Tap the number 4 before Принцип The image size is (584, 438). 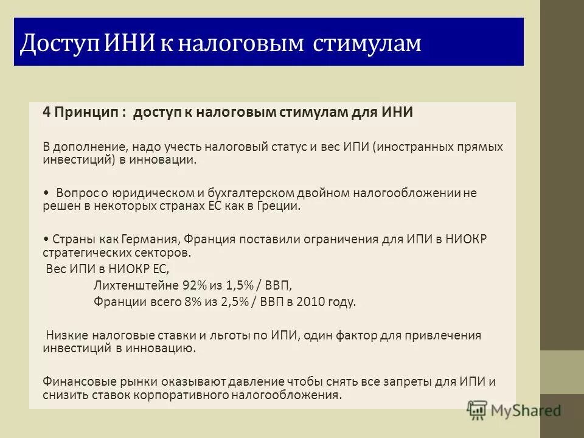(x=46, y=113)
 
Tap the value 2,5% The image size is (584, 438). (x=234, y=302)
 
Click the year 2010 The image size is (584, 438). (x=311, y=302)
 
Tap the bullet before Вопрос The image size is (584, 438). (x=46, y=193)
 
